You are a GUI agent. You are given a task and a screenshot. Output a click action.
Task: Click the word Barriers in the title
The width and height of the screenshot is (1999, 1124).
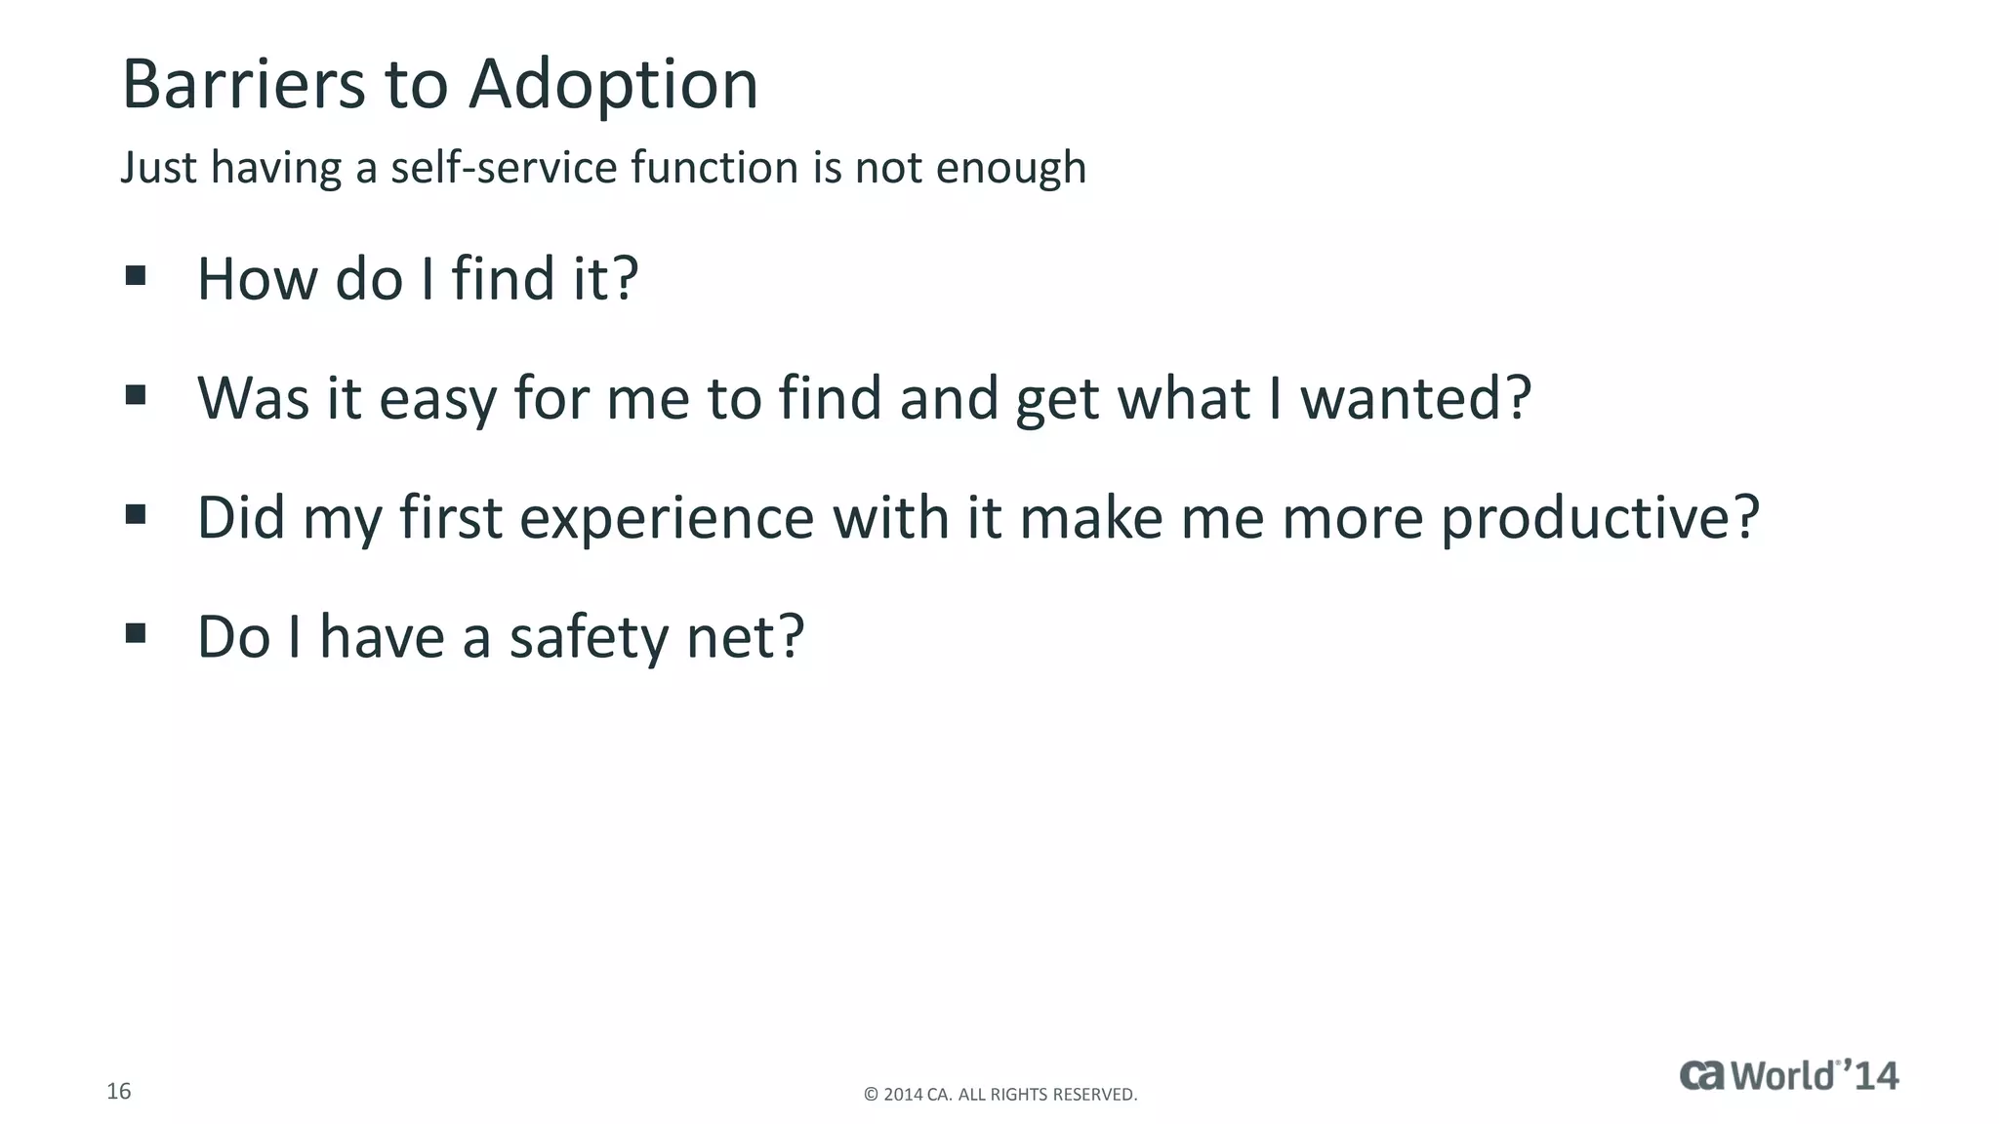coord(243,85)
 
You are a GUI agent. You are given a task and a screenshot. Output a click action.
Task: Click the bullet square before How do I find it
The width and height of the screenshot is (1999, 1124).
coord(136,276)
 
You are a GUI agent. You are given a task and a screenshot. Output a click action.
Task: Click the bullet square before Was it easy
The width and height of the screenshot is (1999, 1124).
coord(136,395)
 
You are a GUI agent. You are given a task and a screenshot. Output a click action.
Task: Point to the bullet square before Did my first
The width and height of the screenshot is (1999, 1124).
coord(136,514)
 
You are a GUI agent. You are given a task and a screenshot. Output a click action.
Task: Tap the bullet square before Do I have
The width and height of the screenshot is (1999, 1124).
coord(136,634)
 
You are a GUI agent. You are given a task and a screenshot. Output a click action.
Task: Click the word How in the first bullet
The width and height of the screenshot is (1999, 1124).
coord(258,279)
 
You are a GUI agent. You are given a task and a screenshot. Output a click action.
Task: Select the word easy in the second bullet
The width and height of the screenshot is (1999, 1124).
coord(437,400)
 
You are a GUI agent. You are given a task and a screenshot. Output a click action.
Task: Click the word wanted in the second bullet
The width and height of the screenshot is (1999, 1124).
coord(1403,398)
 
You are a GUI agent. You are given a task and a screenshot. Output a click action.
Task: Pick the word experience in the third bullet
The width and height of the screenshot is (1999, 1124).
coord(667,519)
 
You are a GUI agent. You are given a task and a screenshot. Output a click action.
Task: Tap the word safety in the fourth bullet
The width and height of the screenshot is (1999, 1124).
coord(588,639)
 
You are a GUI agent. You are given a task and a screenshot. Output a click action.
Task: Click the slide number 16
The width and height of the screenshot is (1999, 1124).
coord(118,1091)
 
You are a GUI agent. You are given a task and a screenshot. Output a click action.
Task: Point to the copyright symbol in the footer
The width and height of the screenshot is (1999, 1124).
coord(871,1095)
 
